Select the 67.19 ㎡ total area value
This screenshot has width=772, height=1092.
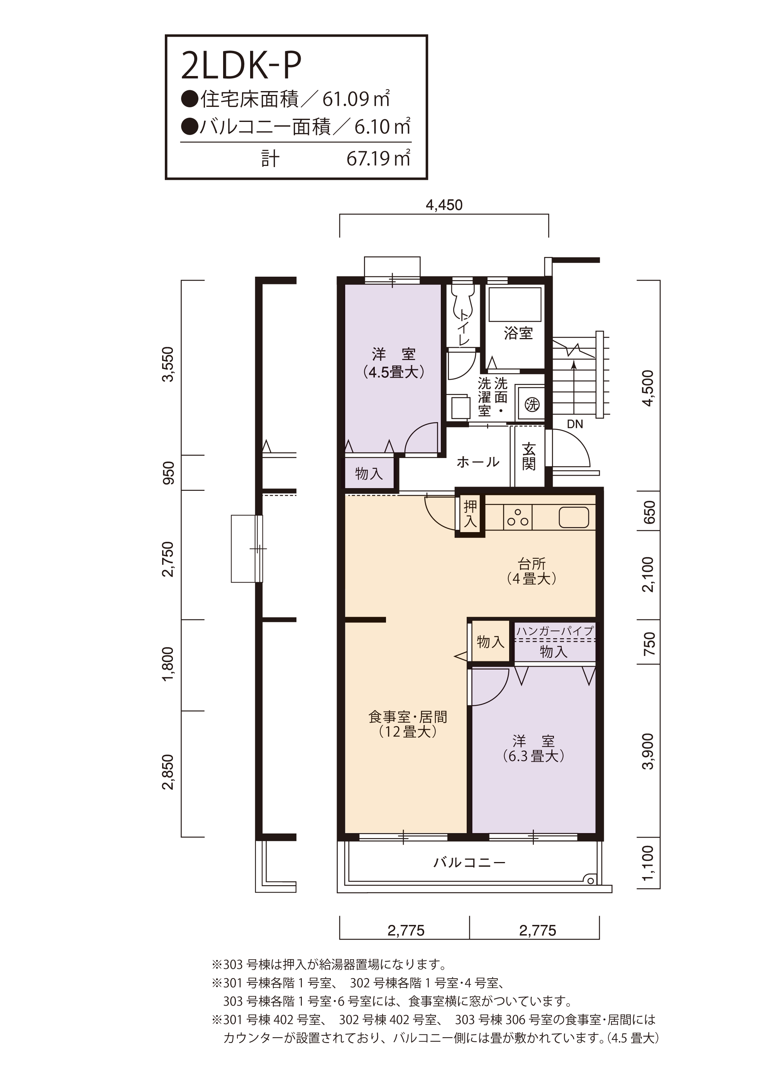click(x=378, y=158)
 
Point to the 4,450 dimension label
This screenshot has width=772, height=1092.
click(x=444, y=205)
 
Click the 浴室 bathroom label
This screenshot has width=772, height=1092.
click(x=518, y=333)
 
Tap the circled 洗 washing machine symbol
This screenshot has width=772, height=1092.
click(x=532, y=405)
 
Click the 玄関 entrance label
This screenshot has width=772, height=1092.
click(x=528, y=456)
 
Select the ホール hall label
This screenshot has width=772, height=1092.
click(x=478, y=461)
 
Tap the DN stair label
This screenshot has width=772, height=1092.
click(x=575, y=424)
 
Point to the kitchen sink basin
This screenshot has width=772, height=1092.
click(x=574, y=517)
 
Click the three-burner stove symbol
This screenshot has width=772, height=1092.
click(x=518, y=517)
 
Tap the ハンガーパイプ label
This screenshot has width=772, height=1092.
click(x=555, y=631)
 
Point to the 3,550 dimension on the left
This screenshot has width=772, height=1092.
click(x=169, y=364)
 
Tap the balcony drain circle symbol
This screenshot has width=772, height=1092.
click(x=590, y=879)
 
